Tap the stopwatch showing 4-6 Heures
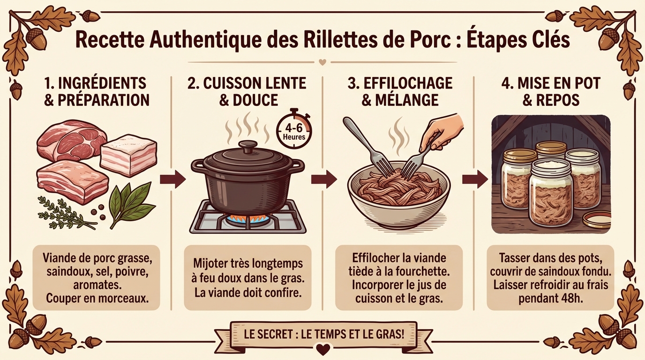(294, 128)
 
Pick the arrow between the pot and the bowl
(324, 179)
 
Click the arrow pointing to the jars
(475, 179)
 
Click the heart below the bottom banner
(322, 349)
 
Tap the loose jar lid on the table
(596, 219)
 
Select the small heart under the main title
(322, 61)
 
